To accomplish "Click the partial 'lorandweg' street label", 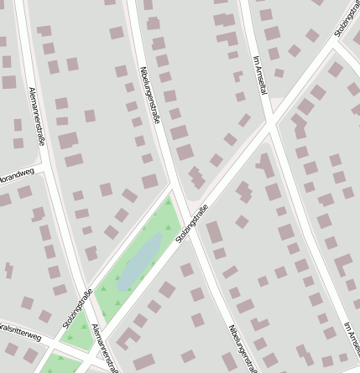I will click(x=17, y=175).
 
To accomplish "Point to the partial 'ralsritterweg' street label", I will click(x=19, y=333).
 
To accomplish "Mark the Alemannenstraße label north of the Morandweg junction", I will click(x=36, y=115).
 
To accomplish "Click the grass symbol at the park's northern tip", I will click(x=169, y=202).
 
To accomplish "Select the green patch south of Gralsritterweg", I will click(x=55, y=365).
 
